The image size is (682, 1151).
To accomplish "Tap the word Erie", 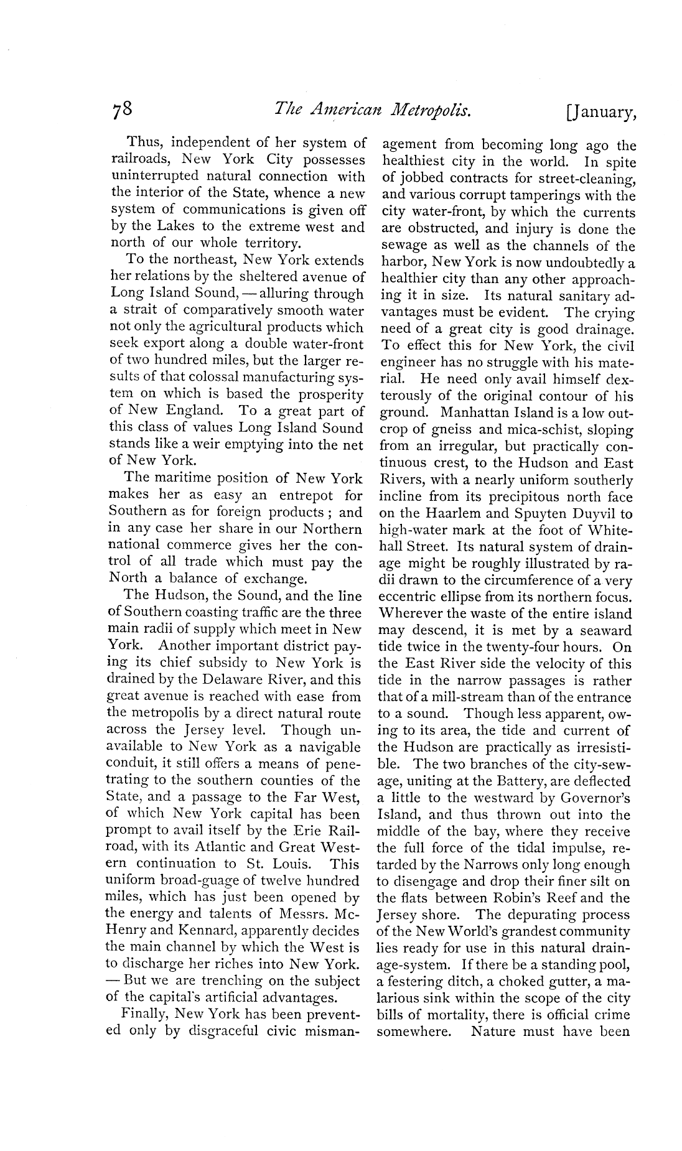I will click(x=307, y=831).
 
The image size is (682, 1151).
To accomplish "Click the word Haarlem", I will click(x=465, y=514).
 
